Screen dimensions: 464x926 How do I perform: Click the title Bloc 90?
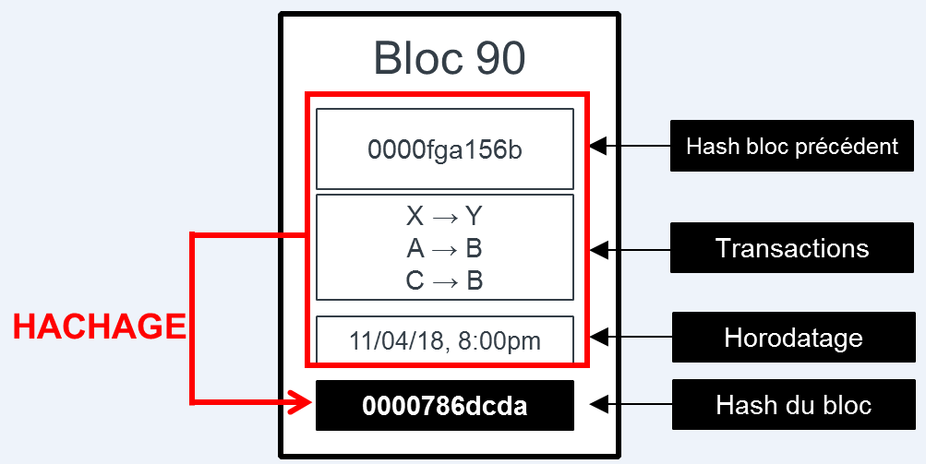pyautogui.click(x=450, y=58)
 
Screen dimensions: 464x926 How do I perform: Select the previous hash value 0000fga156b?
pyautogui.click(x=444, y=149)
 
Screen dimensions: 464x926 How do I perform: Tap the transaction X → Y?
pyautogui.click(x=444, y=217)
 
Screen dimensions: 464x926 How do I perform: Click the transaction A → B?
pyautogui.click(x=444, y=248)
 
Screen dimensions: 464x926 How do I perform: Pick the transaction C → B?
pyautogui.click(x=444, y=280)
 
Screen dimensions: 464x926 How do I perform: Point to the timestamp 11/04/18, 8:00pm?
pyautogui.click(x=444, y=340)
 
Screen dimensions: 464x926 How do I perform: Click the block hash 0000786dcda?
pyautogui.click(x=444, y=406)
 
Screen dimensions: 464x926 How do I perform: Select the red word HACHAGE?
pyautogui.click(x=99, y=327)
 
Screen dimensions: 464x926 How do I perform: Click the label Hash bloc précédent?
pyautogui.click(x=792, y=146)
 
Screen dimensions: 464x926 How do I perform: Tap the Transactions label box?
pyautogui.click(x=792, y=248)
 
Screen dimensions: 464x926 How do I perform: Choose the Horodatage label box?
pyautogui.click(x=793, y=338)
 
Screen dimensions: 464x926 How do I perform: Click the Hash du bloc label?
pyautogui.click(x=793, y=405)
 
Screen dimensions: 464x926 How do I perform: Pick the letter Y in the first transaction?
pyautogui.click(x=473, y=217)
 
